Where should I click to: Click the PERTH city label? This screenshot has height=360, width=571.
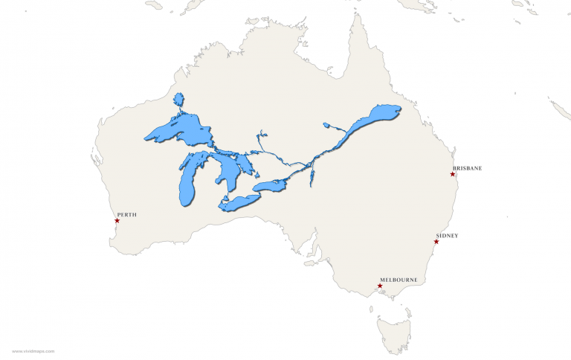(x=127, y=215)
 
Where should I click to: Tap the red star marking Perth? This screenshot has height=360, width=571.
(x=117, y=220)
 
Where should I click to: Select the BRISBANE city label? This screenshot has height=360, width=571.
(x=467, y=168)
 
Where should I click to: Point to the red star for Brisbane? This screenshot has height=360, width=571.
(x=452, y=174)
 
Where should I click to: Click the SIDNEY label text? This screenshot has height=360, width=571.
(x=447, y=236)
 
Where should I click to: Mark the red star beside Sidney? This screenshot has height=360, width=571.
(x=436, y=242)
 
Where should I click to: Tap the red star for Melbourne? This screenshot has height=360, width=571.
(x=380, y=286)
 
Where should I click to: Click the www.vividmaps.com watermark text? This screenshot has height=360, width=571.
(x=33, y=350)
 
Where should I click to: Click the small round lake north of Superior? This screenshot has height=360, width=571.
(x=178, y=100)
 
